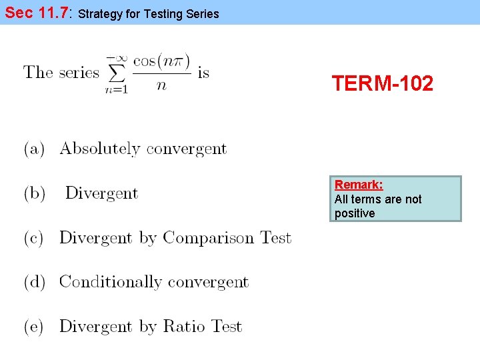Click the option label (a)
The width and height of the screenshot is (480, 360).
[x=35, y=149]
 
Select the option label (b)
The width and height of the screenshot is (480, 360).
[x=35, y=193]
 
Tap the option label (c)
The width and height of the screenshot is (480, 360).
[x=35, y=238]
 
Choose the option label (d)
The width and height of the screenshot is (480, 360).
[x=35, y=282]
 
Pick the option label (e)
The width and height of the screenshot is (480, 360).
[x=35, y=327]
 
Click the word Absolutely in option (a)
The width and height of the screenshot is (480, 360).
[x=100, y=149]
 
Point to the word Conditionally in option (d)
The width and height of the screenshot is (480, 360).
[x=111, y=282]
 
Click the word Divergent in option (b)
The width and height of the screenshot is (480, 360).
[x=101, y=193]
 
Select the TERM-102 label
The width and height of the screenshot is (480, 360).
[x=383, y=84]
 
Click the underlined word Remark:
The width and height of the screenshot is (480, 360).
[x=359, y=185]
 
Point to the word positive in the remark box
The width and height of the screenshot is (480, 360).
[x=355, y=214]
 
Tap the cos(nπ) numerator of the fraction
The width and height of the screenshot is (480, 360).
[x=161, y=61]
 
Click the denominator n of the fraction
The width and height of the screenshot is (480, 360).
[x=161, y=85]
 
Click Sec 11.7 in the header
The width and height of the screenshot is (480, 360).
[x=37, y=13]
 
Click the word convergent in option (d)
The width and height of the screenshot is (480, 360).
[x=208, y=282]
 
